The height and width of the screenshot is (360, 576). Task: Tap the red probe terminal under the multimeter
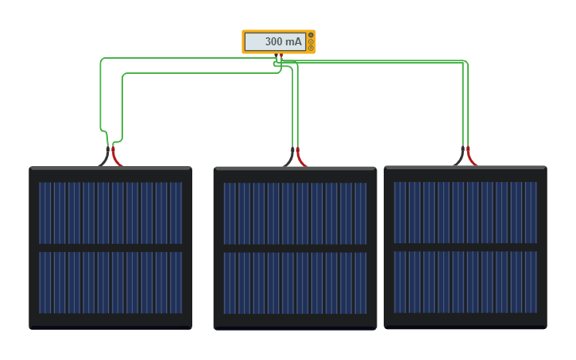tap(281, 56)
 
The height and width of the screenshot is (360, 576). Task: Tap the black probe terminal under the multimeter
tap(276, 56)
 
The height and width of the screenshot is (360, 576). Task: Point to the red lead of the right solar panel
tap(471, 157)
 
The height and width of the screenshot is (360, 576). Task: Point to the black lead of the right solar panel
tap(460, 157)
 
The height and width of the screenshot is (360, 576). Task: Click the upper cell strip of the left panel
tap(110, 212)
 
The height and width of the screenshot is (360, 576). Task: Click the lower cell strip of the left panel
tap(110, 282)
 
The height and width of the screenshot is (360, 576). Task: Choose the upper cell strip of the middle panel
tap(295, 213)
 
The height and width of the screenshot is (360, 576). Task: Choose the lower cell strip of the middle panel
tap(295, 283)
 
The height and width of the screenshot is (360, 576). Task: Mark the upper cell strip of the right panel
tap(465, 212)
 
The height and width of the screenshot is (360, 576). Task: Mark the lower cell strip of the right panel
tap(465, 282)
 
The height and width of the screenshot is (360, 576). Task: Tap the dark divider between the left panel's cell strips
tap(110, 248)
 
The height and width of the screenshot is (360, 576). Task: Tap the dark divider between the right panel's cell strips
tap(465, 247)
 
